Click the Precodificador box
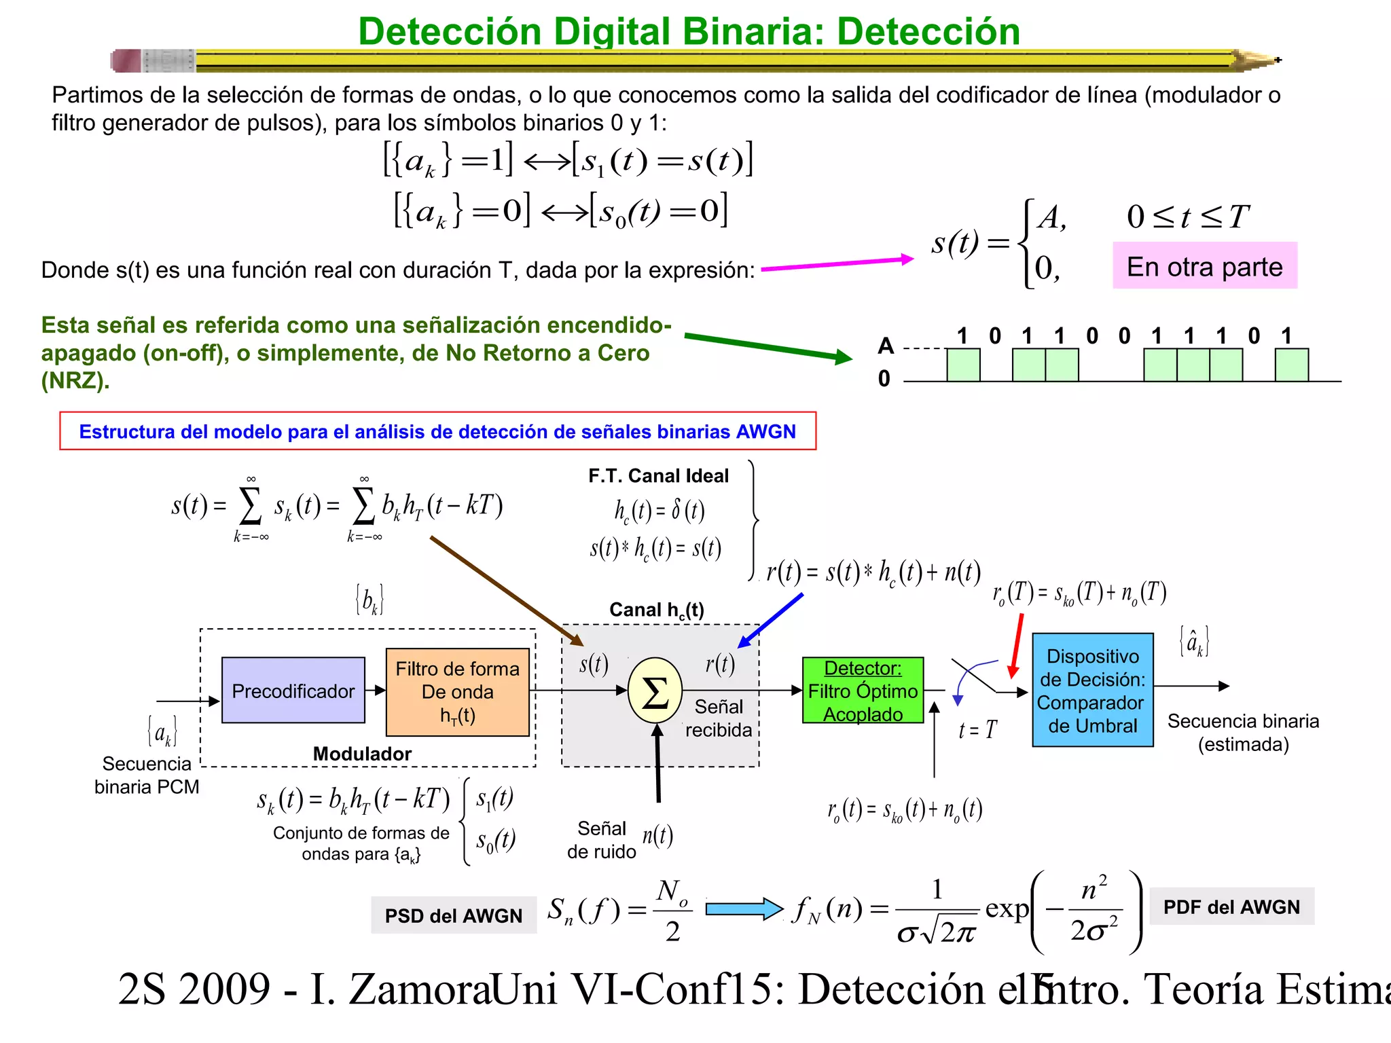point(293,691)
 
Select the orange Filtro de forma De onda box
point(457,692)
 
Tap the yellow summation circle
point(655,691)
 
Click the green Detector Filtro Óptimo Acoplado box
point(863,691)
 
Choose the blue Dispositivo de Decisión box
point(1092,690)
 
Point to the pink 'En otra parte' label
point(1204,266)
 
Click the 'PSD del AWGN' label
point(453,915)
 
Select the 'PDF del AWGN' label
point(1231,907)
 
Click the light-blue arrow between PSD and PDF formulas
point(744,909)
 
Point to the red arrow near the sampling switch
point(1016,645)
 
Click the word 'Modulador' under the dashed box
point(362,754)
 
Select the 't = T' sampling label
point(977,730)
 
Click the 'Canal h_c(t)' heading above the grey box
point(656,610)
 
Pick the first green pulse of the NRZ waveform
point(963,365)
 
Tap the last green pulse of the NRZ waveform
point(1291,365)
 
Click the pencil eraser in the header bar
point(126,61)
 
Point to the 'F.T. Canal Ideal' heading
point(658,476)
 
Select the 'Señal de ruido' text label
point(601,840)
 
